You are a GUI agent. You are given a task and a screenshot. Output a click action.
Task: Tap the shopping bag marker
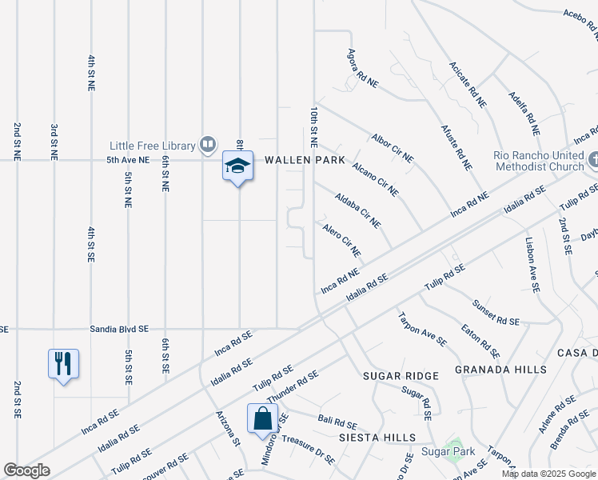click(x=263, y=418)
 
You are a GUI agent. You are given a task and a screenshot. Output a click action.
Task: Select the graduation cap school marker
click(x=237, y=166)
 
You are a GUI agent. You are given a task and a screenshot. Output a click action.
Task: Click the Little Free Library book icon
click(x=208, y=145)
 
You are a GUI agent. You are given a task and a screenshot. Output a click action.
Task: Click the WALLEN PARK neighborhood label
click(x=305, y=160)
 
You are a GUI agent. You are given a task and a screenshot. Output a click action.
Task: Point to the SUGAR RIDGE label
click(x=401, y=376)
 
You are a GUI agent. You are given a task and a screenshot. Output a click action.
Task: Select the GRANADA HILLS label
click(x=501, y=370)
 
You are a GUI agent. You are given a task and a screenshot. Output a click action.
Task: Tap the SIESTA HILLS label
click(x=377, y=438)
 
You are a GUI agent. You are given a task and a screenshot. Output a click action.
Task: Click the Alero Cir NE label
click(x=341, y=241)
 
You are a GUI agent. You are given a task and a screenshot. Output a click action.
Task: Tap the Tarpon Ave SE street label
click(x=422, y=329)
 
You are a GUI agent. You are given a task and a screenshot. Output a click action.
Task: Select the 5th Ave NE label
click(x=128, y=160)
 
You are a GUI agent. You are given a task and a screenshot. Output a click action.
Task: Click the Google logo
click(x=27, y=470)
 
